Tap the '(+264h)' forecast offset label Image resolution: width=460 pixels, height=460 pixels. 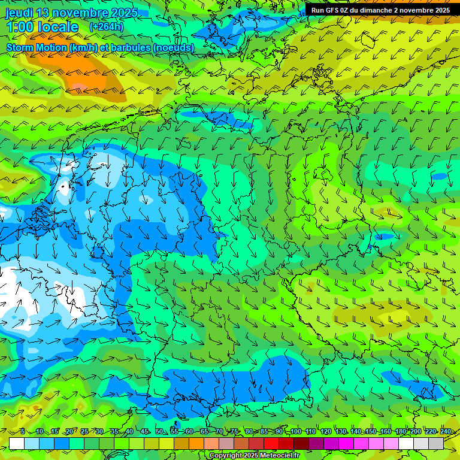tap(106, 27)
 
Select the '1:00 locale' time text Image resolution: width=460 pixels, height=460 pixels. tap(42, 28)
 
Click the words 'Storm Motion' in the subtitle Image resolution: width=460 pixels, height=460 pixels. tap(36, 48)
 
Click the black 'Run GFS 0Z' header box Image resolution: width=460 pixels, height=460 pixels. tap(380, 10)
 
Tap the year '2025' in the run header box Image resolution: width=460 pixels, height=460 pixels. tap(441, 10)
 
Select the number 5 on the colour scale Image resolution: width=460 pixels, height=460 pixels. tap(22, 432)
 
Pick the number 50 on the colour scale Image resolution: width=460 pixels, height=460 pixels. tap(159, 432)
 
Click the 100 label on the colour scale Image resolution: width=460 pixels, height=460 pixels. tap(296, 432)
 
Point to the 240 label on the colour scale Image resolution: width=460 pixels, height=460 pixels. tap(445, 432)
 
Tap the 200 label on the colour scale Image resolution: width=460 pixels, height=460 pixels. tap(415, 432)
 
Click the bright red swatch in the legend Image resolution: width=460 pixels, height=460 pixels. tap(271, 443)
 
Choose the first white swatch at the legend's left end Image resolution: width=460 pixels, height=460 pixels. tap(17, 443)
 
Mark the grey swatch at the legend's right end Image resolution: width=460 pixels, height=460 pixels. tap(436, 443)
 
